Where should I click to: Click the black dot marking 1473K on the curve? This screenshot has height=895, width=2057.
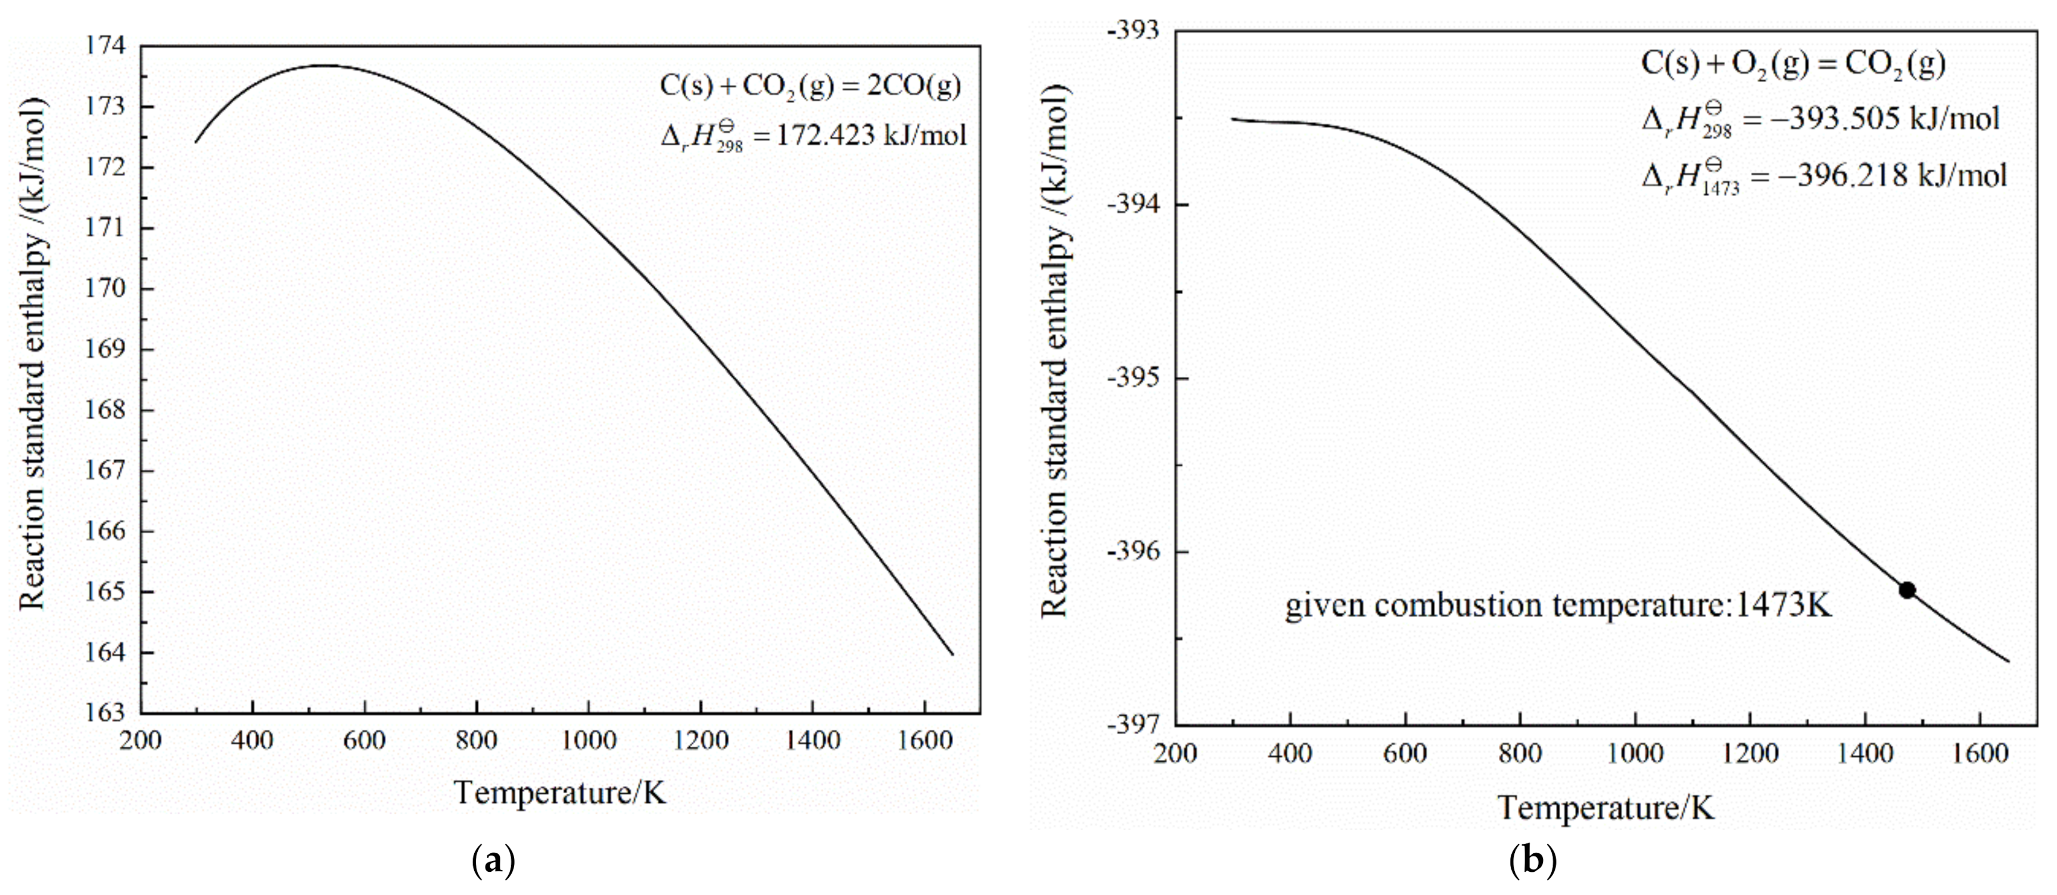(x=1907, y=590)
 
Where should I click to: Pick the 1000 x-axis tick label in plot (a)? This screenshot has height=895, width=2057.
(x=589, y=741)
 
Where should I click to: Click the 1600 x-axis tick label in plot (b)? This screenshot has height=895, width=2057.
(x=1980, y=754)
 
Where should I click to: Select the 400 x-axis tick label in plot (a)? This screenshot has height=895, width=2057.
(x=253, y=741)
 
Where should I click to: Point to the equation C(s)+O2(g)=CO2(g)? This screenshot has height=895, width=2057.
(x=1793, y=63)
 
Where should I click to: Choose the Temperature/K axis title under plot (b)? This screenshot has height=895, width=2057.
(x=1605, y=808)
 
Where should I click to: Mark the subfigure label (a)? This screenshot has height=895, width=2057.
(x=493, y=862)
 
